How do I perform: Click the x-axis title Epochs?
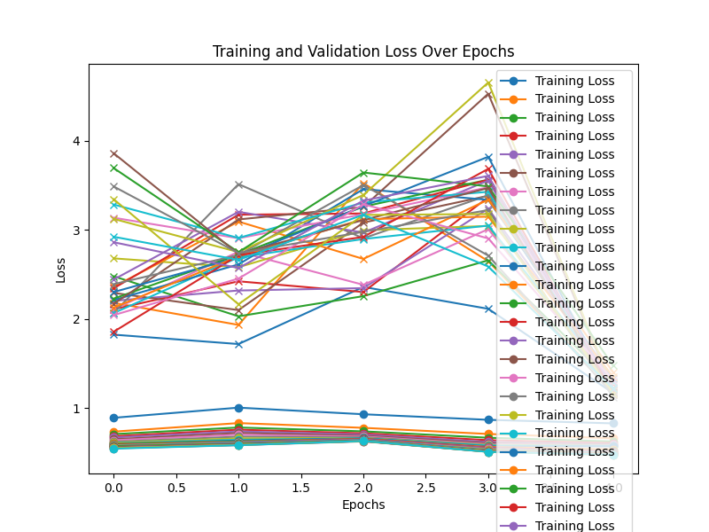(x=363, y=505)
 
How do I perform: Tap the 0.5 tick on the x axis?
(x=175, y=487)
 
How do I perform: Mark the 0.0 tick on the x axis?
(x=113, y=487)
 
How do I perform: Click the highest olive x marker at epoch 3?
(x=488, y=83)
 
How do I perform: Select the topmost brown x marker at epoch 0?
(x=113, y=153)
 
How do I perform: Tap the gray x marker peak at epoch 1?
(x=238, y=184)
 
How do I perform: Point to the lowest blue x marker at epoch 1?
(x=238, y=344)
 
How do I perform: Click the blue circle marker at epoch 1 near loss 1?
(x=238, y=408)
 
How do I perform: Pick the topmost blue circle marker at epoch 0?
(x=113, y=418)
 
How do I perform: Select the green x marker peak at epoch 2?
(x=363, y=173)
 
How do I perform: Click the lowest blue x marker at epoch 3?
(x=488, y=309)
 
